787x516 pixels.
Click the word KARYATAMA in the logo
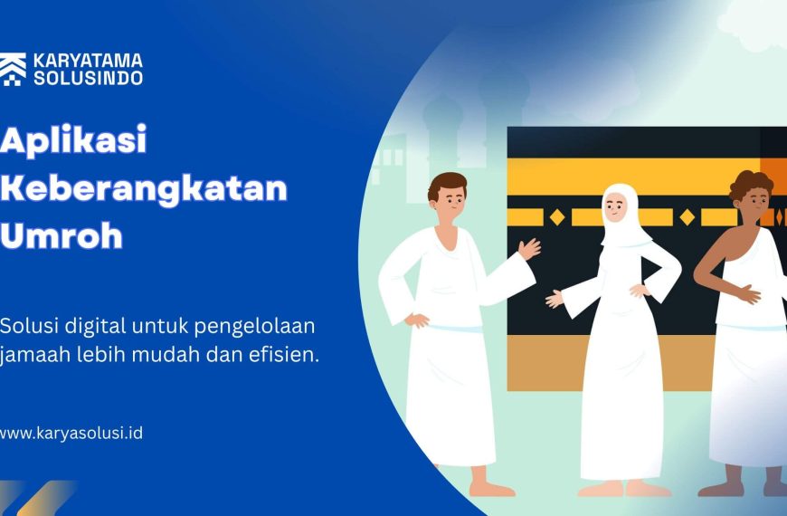tap(88, 61)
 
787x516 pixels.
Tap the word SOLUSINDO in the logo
tap(88, 78)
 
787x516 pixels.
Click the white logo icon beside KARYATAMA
tap(13, 70)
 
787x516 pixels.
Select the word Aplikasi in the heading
tap(73, 140)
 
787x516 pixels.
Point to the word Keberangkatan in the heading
tap(144, 188)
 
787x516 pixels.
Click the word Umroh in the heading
tap(62, 234)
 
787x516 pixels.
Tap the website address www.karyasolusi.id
tap(71, 433)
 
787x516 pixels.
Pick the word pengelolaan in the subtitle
tap(255, 328)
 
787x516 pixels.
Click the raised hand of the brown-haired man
tap(529, 248)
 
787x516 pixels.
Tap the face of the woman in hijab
tap(615, 206)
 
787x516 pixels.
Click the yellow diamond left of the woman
tap(557, 217)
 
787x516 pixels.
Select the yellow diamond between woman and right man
tap(687, 217)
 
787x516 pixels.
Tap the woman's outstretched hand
tap(555, 300)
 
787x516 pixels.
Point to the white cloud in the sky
tap(753, 26)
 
